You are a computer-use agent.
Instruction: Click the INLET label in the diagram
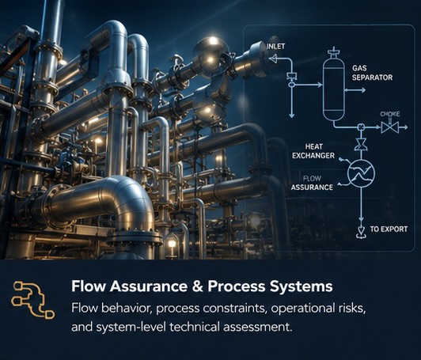(x=275, y=46)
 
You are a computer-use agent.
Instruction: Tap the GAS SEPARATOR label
(x=372, y=73)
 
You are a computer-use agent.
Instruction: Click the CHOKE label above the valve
(x=390, y=114)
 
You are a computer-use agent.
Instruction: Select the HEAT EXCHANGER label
(x=313, y=151)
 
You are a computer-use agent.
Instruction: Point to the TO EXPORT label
(x=389, y=229)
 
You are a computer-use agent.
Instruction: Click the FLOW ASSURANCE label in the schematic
(x=312, y=183)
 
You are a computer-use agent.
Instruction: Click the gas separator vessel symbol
(x=334, y=85)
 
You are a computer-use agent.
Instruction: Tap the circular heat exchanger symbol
(x=361, y=173)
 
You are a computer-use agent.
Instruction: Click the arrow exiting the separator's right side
(x=355, y=90)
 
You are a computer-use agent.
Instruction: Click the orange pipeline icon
(x=32, y=300)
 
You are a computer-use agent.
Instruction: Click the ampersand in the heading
(x=197, y=286)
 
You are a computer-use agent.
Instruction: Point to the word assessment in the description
(x=257, y=328)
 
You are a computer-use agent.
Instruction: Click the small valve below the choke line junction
(x=361, y=145)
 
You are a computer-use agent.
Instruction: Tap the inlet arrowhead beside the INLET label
(x=273, y=58)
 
